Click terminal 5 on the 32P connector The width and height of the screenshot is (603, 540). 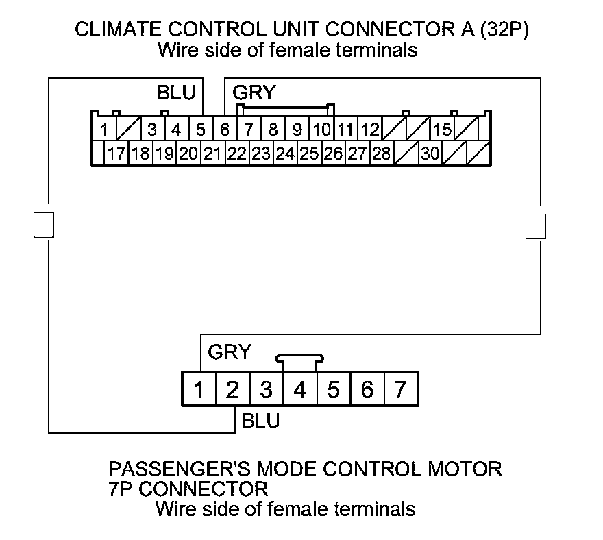(x=201, y=129)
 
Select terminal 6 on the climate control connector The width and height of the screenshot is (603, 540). (x=225, y=129)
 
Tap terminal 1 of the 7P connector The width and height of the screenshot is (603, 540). (x=199, y=390)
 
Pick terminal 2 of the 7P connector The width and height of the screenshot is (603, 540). (x=232, y=390)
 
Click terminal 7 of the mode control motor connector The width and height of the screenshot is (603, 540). (x=400, y=390)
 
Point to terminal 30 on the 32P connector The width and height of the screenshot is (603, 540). (x=430, y=154)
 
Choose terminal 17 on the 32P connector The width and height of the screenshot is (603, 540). (x=116, y=154)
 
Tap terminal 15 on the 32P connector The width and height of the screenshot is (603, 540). (x=443, y=129)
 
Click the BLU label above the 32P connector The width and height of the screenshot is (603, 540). (x=176, y=93)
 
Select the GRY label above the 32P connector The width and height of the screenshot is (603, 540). (x=254, y=93)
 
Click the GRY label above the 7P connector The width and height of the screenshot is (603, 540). (x=230, y=352)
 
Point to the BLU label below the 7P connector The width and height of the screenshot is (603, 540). (x=260, y=420)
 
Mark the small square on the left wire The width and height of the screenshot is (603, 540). (x=43, y=225)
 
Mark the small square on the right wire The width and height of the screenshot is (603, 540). (x=536, y=225)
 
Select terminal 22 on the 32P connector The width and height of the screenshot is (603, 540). (x=236, y=154)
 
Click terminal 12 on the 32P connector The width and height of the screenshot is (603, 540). (x=370, y=129)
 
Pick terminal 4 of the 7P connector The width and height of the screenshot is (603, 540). (x=299, y=390)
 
